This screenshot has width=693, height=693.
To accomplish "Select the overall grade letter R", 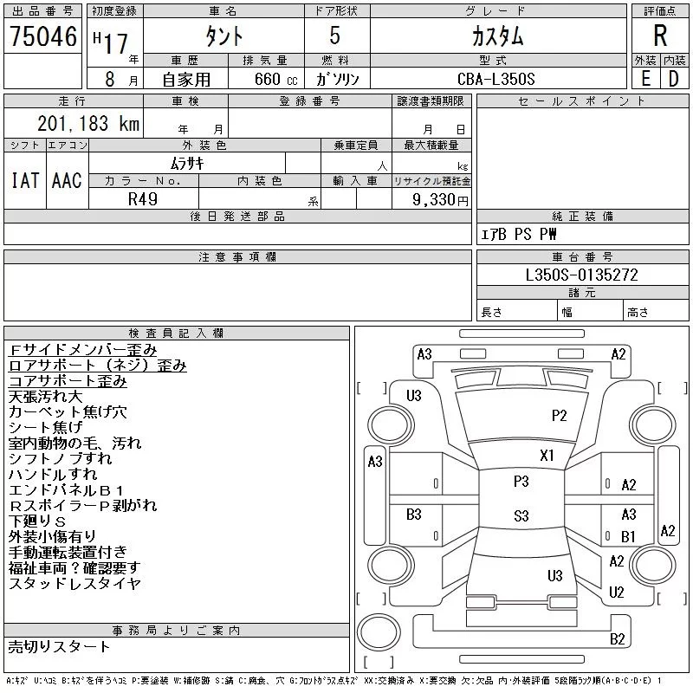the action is coord(660,36).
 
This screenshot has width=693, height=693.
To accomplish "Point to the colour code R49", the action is coord(143,198).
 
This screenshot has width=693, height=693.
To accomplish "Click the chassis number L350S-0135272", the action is coord(582,275).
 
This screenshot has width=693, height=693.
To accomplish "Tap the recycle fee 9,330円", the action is coord(442,199).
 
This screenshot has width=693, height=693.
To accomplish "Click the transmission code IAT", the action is coord(24,181).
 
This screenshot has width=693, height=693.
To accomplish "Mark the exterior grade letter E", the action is coord(645,79).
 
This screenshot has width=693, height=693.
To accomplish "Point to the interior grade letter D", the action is coord(673,79).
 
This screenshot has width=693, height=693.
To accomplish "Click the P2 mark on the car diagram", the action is coord(560,415).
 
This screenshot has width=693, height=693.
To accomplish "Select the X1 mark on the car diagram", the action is coord(547,455).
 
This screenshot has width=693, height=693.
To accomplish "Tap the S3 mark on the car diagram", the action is coord(521,516).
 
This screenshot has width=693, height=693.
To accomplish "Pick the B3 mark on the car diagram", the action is coord(414,515).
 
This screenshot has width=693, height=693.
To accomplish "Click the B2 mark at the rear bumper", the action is coord(618,639).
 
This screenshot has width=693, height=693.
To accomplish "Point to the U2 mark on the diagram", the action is coord(617,593).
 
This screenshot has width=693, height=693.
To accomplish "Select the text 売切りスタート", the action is coord(60,646).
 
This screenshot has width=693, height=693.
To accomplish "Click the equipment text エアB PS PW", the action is coord(520,235).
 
